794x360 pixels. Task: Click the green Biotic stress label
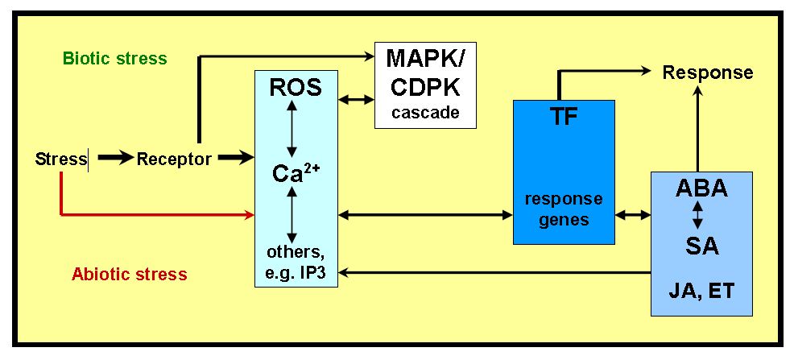point(114,59)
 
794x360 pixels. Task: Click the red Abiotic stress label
point(130,274)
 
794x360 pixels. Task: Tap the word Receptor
point(174,159)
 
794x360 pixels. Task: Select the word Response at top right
point(708,72)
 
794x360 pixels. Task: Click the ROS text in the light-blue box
point(296,88)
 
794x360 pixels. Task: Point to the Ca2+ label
point(295,175)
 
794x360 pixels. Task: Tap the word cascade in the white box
point(425,112)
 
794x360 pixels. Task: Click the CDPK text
point(426,85)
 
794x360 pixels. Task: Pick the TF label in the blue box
point(564,118)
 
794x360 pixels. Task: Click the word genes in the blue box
point(564,218)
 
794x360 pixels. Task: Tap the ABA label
point(701,188)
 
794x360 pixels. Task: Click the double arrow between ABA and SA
point(698,215)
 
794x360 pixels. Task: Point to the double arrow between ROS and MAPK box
point(357,100)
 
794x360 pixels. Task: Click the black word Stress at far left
point(61,159)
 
